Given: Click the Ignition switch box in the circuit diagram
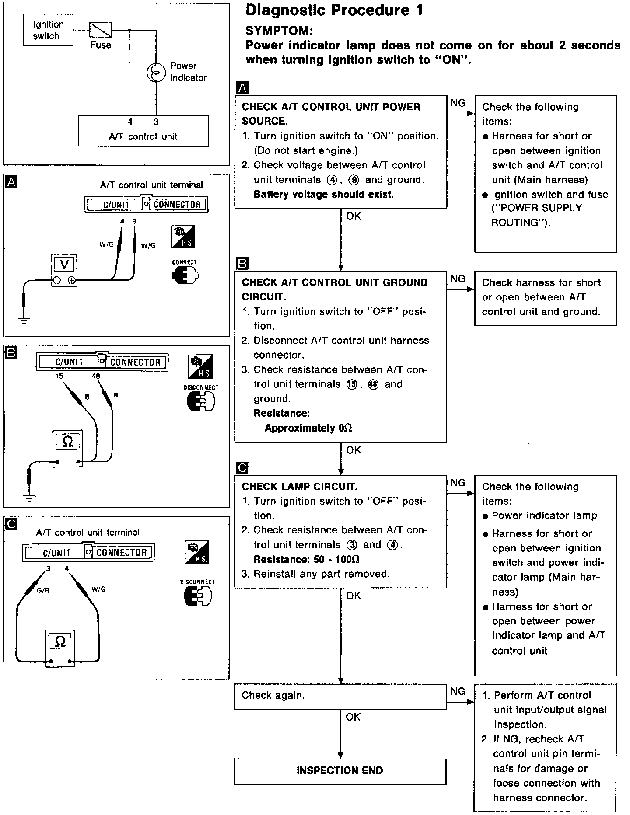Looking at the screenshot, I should (48, 30).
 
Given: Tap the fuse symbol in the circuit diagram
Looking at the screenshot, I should (101, 30).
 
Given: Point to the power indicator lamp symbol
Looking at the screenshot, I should (156, 72).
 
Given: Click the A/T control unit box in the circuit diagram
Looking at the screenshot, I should (143, 131).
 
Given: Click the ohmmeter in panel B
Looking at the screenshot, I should (68, 448).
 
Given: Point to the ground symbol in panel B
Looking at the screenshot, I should (30, 497).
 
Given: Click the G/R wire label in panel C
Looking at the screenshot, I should (43, 590).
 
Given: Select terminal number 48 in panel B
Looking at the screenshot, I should (96, 376).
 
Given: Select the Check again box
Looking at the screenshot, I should (340, 696).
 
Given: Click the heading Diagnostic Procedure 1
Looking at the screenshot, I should (334, 10).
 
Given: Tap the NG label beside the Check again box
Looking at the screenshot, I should (458, 691).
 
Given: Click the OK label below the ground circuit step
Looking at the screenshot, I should (353, 450).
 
